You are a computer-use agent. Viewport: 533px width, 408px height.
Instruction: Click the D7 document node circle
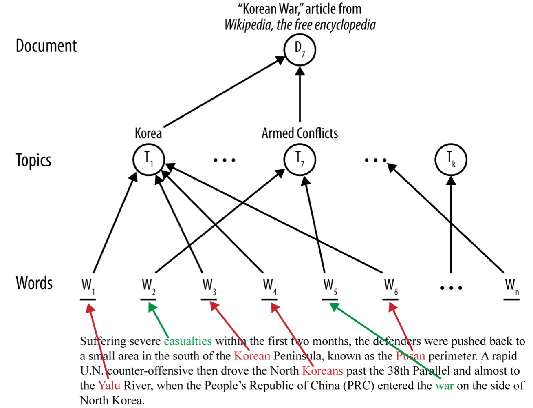(x=300, y=50)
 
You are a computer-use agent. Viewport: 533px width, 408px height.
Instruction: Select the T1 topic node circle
(x=149, y=160)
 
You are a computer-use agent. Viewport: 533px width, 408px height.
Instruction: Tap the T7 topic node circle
(x=300, y=160)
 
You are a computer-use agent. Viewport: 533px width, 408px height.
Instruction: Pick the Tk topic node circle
(x=451, y=160)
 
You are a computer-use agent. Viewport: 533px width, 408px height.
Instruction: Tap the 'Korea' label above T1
(x=148, y=133)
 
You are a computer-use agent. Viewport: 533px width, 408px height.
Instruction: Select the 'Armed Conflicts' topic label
(x=300, y=133)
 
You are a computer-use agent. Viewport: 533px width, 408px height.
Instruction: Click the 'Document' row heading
(x=46, y=46)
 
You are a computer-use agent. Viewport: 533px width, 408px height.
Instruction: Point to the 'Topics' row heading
(x=33, y=160)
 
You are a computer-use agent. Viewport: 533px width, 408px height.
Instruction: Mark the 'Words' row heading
(x=34, y=283)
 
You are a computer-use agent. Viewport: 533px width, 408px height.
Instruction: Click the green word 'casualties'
(x=188, y=341)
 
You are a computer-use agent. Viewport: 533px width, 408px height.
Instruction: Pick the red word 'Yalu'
(x=109, y=385)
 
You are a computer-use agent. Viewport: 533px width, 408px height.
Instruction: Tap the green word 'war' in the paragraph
(x=444, y=385)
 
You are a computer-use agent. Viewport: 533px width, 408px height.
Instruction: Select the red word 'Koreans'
(x=322, y=370)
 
